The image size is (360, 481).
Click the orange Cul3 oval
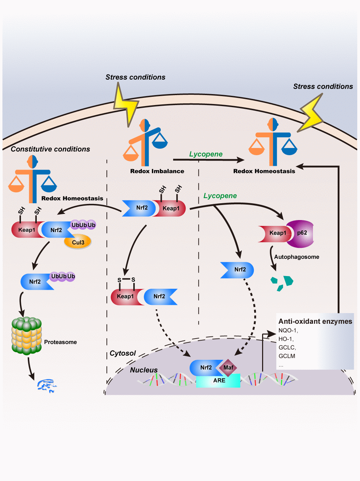[78, 242]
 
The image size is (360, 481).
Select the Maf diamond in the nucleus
[228, 368]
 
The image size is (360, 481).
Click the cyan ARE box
[218, 380]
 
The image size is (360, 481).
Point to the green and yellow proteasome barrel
[26, 335]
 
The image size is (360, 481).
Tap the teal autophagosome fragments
[282, 283]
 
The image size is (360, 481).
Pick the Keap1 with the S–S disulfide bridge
[124, 296]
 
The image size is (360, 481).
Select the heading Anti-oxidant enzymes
[315, 321]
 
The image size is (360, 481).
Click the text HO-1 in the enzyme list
[286, 339]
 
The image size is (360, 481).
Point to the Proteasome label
[60, 342]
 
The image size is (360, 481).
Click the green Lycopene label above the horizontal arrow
[206, 154]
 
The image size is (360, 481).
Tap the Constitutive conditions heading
[50, 149]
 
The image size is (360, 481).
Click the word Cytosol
[123, 353]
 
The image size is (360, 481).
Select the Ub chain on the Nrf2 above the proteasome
[63, 276]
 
